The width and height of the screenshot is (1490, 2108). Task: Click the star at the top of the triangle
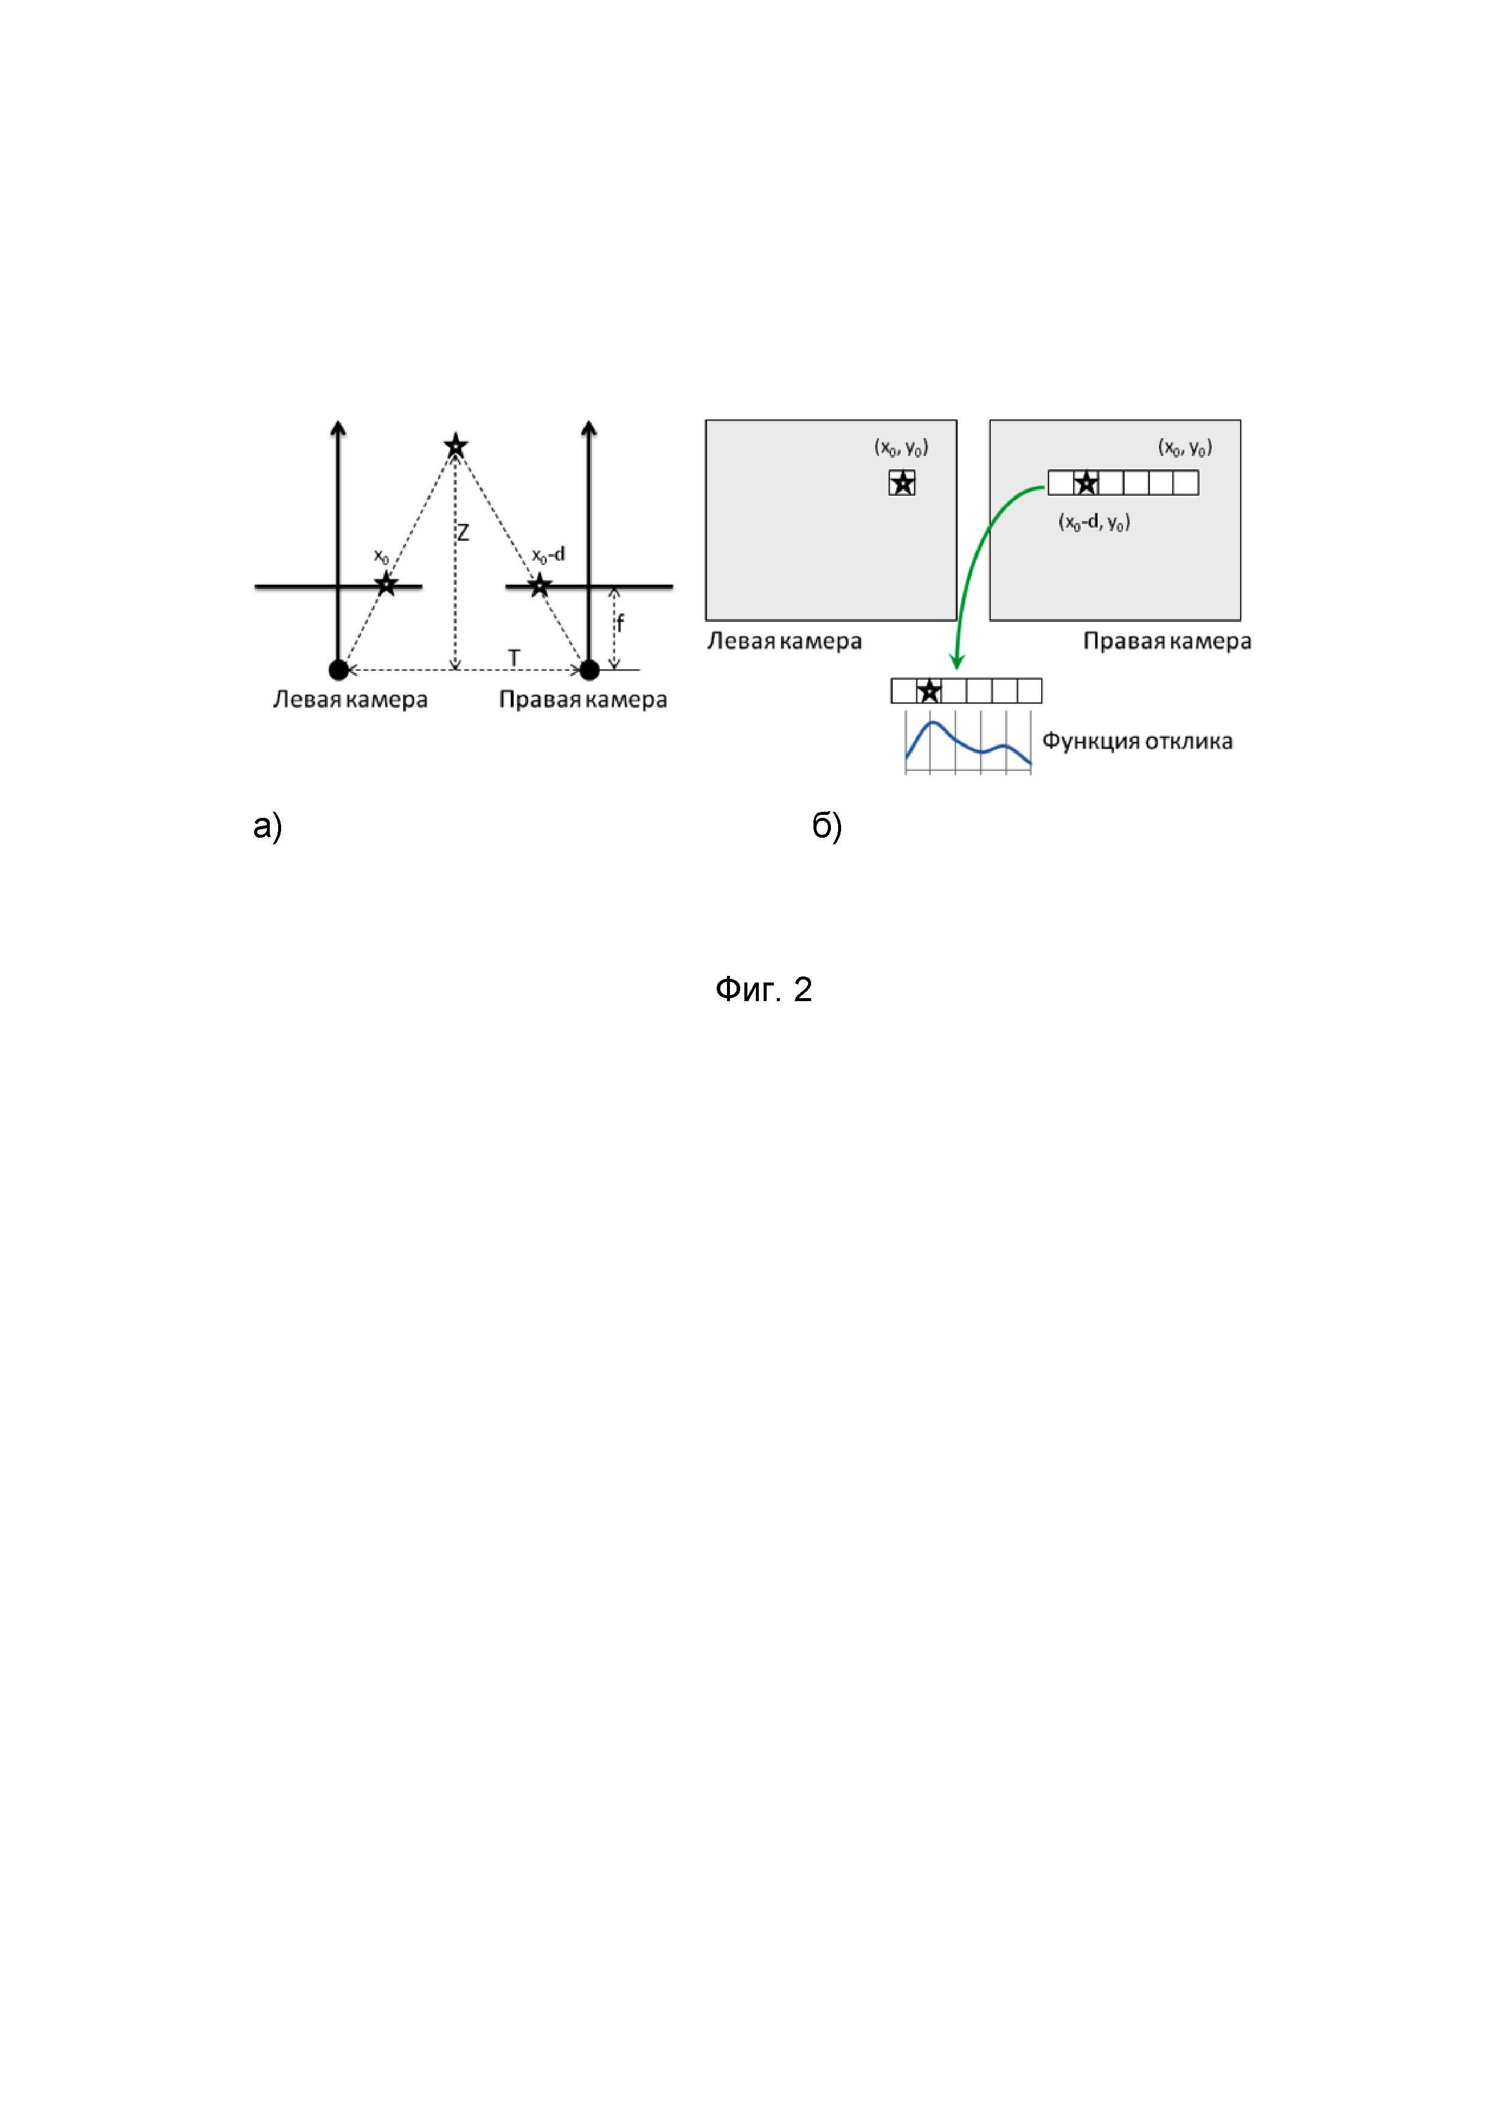coord(455,447)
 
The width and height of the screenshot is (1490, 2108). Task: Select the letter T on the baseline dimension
coord(514,658)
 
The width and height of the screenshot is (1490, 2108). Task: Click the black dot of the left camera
coord(339,670)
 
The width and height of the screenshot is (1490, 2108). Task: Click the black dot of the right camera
coord(589,670)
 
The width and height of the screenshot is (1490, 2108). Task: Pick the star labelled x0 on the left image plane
coord(386,584)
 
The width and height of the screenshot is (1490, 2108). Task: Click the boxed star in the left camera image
coord(902,483)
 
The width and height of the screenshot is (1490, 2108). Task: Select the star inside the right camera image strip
coord(1086,483)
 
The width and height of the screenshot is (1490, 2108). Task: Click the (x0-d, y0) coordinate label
coord(1094,522)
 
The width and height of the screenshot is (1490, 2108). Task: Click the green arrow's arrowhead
coord(956,663)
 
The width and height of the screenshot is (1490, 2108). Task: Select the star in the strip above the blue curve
coord(929,691)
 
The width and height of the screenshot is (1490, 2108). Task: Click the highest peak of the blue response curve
coord(932,723)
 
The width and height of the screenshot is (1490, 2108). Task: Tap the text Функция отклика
coord(1137,741)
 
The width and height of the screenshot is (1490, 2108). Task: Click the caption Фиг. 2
coord(763,990)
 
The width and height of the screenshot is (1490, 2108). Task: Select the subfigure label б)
coord(826,826)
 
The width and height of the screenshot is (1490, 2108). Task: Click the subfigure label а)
coord(267,826)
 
